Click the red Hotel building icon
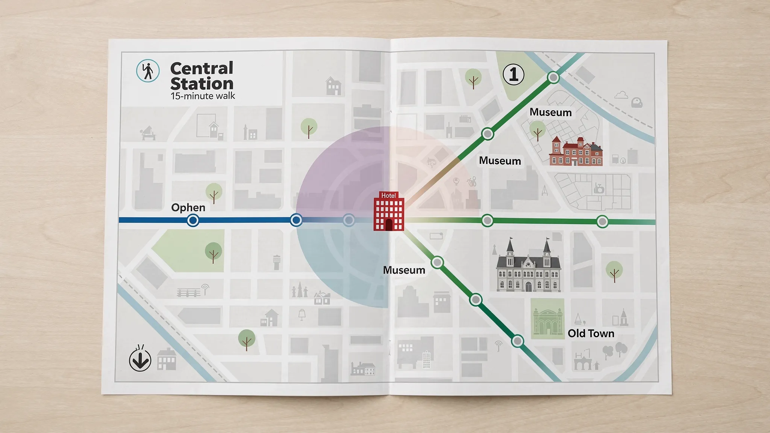pyautogui.click(x=389, y=212)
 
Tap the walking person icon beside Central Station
pyautogui.click(x=148, y=71)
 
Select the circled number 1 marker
pyautogui.click(x=514, y=74)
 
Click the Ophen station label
pyautogui.click(x=188, y=207)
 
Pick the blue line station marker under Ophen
pyautogui.click(x=193, y=220)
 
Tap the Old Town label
pyautogui.click(x=591, y=333)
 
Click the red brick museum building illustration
pyautogui.click(x=575, y=152)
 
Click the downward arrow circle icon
pyautogui.click(x=140, y=360)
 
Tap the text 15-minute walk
pyautogui.click(x=203, y=96)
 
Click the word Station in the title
pyautogui.click(x=202, y=83)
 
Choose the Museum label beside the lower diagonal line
pyautogui.click(x=404, y=270)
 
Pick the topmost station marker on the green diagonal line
pyautogui.click(x=553, y=77)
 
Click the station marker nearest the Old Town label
pyautogui.click(x=518, y=341)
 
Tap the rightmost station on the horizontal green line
pyautogui.click(x=602, y=222)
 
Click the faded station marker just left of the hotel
pyautogui.click(x=349, y=220)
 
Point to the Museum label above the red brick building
pyautogui.click(x=550, y=112)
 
